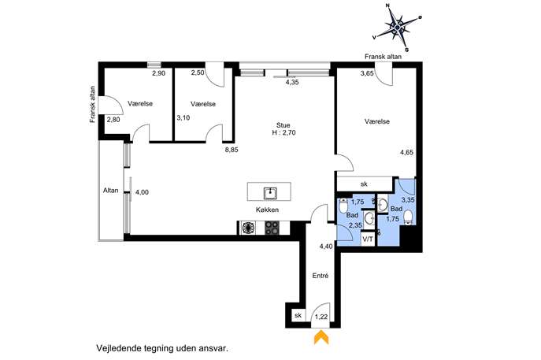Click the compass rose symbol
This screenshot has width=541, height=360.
coord(398,27)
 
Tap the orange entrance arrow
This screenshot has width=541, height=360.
coord(321,338)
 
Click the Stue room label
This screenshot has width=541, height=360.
coord(283,125)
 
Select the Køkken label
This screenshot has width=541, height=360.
coord(268,210)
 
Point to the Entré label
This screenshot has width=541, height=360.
coord(321,276)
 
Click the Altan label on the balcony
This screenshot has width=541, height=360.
coord(111,190)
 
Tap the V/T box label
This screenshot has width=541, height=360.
coord(368,239)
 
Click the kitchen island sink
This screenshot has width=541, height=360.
coord(270,193)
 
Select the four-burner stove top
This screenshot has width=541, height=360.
coord(272,228)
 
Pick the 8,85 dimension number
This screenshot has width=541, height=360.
coord(232,150)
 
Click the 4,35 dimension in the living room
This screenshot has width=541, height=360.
coord(292,82)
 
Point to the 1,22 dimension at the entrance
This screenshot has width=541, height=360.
coord(321,317)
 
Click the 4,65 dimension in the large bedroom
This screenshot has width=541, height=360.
coord(407,152)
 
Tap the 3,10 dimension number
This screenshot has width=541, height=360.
coord(183,117)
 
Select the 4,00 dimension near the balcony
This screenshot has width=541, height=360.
coord(142,192)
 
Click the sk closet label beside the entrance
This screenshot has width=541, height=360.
coord(298,315)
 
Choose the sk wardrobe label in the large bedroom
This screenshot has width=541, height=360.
coord(364,184)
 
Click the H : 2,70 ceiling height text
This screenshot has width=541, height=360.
coord(284,132)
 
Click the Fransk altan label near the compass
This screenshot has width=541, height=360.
coord(383,56)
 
